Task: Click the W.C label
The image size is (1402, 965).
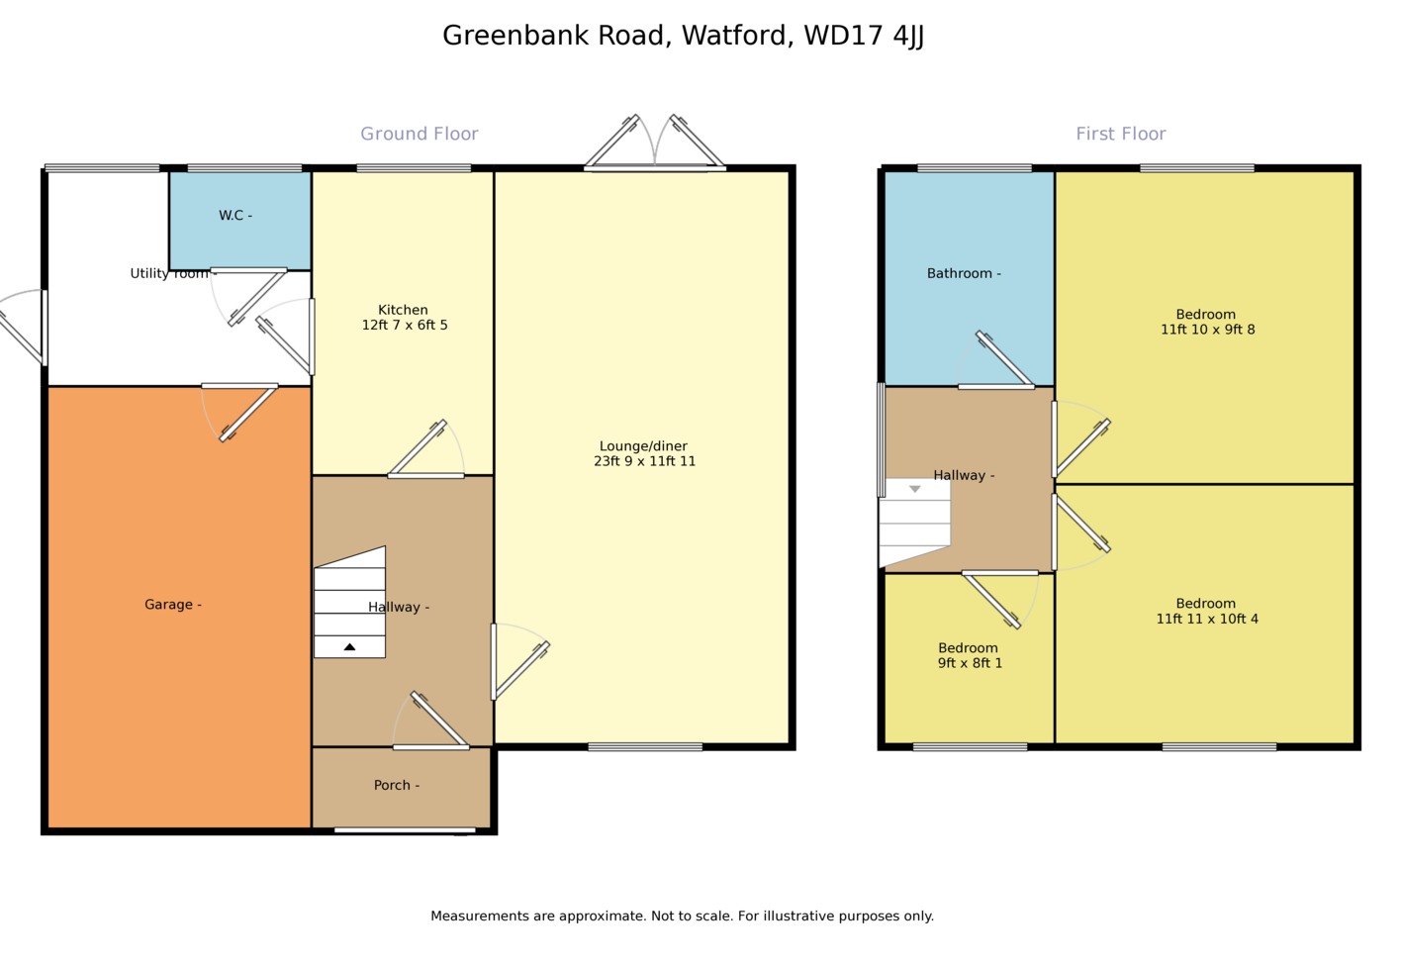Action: [x=234, y=216]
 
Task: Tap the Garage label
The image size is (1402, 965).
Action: [x=172, y=605]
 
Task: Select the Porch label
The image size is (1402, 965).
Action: [x=396, y=786]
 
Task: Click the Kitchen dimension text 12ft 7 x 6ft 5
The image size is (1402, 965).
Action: [x=405, y=326]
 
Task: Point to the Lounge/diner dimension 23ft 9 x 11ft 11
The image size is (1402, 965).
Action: [x=644, y=461]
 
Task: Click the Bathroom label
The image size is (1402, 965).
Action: [x=963, y=274]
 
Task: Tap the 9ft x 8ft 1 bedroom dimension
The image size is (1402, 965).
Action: [x=970, y=664]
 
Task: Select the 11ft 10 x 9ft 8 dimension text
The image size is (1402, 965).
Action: [x=1207, y=330]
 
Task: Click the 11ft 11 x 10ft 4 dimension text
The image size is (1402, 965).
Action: [x=1207, y=620]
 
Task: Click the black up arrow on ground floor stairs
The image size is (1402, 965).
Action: [x=349, y=647]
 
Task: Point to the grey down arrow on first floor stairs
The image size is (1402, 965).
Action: [x=915, y=489]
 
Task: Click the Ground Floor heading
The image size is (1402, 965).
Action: [x=420, y=134]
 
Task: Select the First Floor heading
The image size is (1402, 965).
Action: [x=1121, y=134]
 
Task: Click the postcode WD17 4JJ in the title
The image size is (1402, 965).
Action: [x=864, y=36]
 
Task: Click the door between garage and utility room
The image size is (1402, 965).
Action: [x=239, y=410]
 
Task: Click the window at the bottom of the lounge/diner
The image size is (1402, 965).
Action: [x=645, y=747]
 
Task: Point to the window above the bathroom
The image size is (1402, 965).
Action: [x=975, y=168]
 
